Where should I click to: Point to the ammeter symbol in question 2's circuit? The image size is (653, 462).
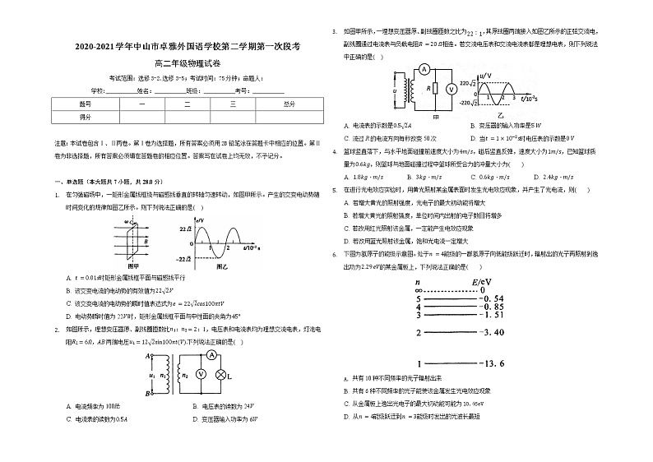pyautogui.click(x=210, y=356)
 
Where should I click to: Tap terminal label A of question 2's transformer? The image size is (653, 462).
pyautogui.click(x=148, y=357)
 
